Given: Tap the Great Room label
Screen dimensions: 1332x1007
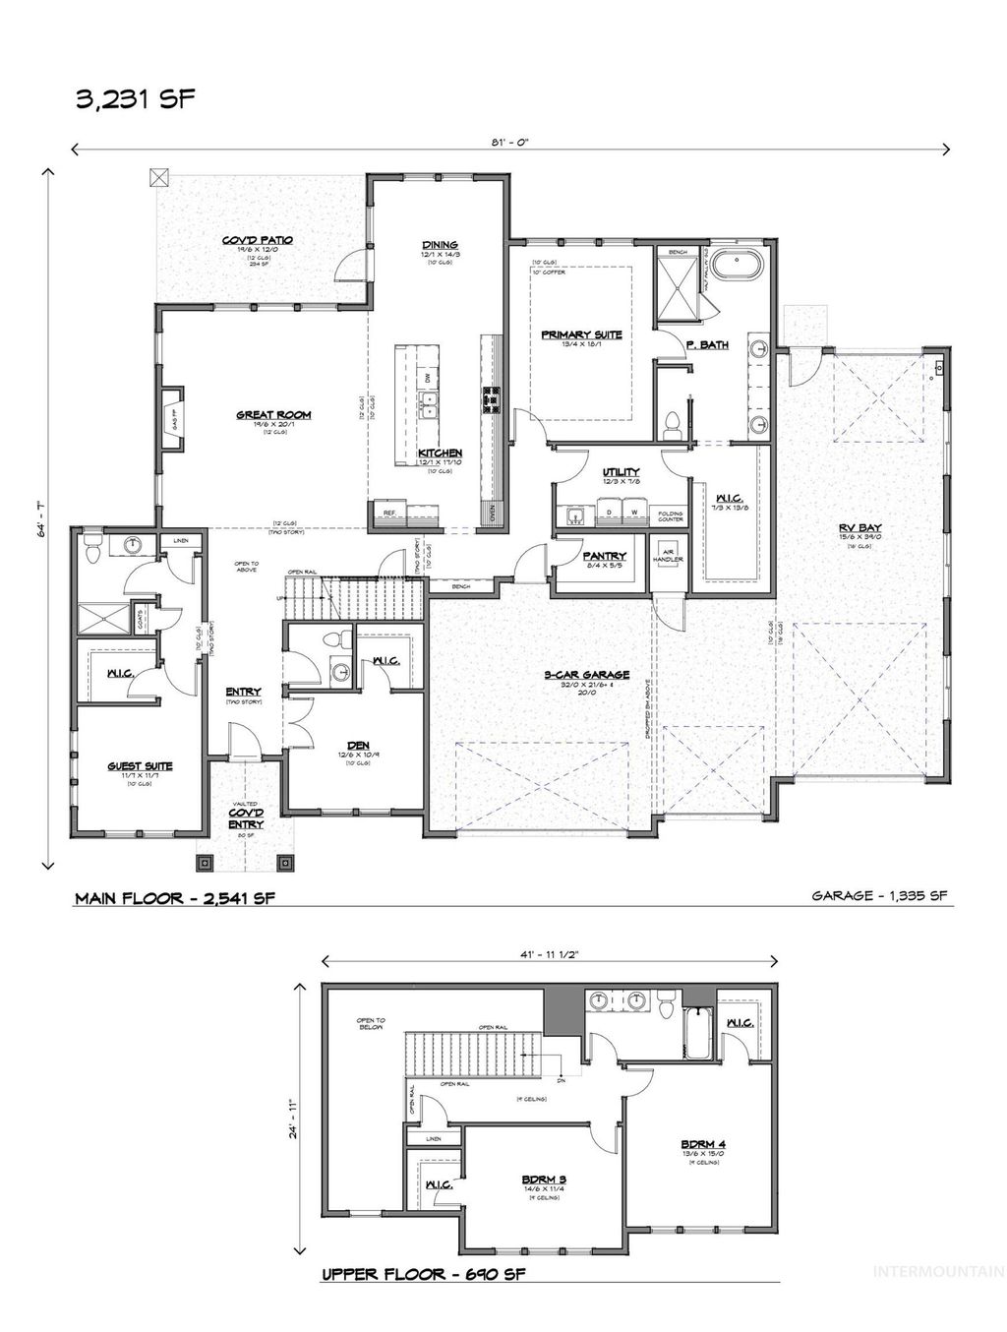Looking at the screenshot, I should click(x=260, y=414).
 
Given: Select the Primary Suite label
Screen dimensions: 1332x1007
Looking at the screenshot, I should click(x=581, y=334).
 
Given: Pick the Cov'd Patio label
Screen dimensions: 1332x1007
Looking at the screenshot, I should click(x=258, y=240).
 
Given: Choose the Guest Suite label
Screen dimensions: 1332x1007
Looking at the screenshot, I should click(x=141, y=765).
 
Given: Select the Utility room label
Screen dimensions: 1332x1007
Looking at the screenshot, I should click(x=621, y=472).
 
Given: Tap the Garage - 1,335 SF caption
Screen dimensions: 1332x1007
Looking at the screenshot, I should click(x=881, y=896).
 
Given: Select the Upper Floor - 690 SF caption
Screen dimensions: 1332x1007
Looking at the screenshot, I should click(x=423, y=1276).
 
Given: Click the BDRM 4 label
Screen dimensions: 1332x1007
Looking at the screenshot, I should click(x=702, y=1143).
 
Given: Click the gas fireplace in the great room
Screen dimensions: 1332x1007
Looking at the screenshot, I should click(x=168, y=417).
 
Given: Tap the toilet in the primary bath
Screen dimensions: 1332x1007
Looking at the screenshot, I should click(x=674, y=423).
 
